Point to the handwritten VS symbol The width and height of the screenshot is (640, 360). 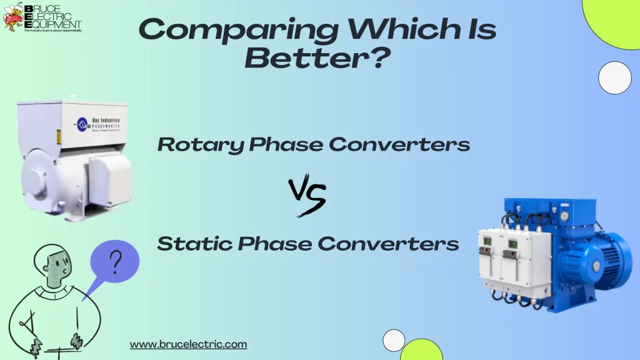tap(307, 196)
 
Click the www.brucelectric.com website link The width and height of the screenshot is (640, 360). tap(188, 344)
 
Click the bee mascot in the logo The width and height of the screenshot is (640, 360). tap(12, 17)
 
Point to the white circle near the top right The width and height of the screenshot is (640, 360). tap(614, 79)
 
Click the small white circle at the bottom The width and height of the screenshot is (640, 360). tap(394, 340)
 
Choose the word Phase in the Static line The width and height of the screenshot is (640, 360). tap(275, 243)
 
